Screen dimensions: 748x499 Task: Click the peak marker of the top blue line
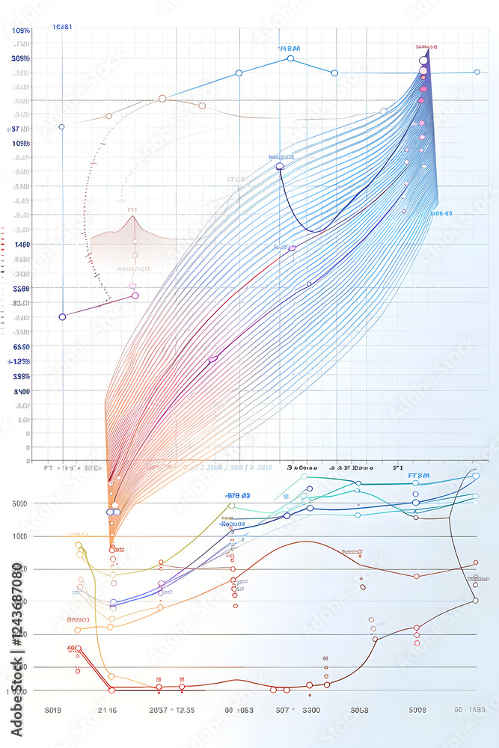click(290, 58)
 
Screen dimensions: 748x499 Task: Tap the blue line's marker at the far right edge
click(477, 72)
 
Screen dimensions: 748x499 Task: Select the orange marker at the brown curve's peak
click(162, 98)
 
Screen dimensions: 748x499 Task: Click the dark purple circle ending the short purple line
click(62, 316)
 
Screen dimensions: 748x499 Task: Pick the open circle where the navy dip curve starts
click(281, 166)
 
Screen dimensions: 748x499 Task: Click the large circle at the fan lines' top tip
click(423, 61)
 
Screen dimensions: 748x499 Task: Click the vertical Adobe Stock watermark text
click(16, 648)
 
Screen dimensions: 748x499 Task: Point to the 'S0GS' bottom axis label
click(360, 710)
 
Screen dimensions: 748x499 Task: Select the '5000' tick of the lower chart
click(20, 503)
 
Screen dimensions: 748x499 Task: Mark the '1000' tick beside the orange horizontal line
click(20, 536)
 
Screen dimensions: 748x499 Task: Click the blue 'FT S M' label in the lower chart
click(419, 476)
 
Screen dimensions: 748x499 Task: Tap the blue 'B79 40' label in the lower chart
click(238, 495)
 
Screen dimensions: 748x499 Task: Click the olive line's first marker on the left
click(79, 545)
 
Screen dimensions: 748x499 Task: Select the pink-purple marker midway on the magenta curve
click(212, 359)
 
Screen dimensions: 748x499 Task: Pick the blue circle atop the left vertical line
click(61, 127)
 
